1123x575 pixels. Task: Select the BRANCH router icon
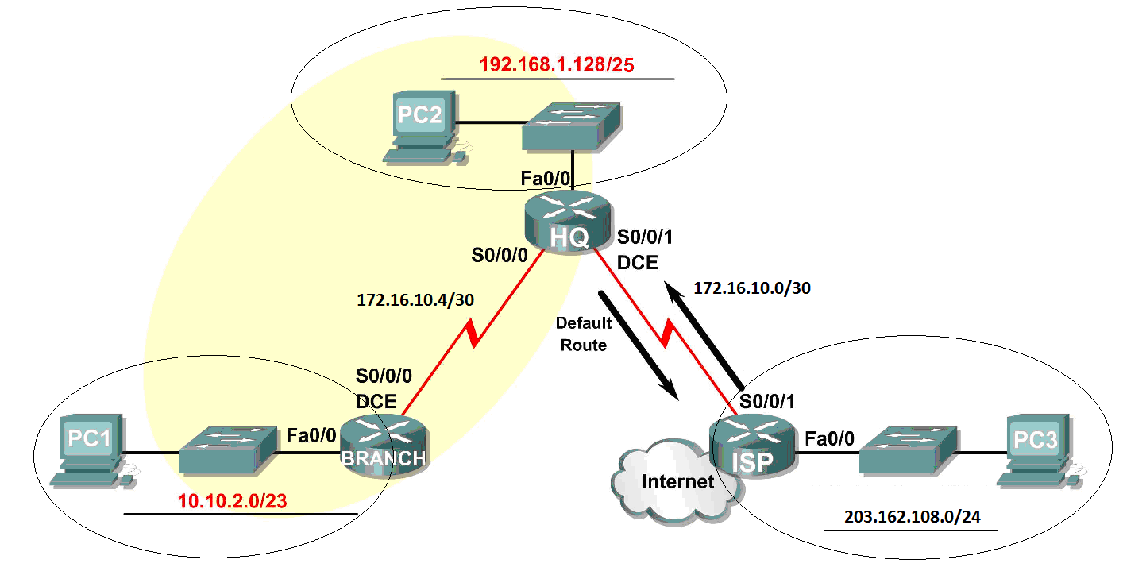coord(384,448)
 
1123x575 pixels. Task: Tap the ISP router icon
coord(751,450)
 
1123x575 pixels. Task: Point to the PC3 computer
coord(1036,449)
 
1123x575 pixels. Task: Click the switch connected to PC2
coord(570,126)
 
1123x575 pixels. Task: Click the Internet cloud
coord(667,481)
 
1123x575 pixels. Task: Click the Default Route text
coord(584,334)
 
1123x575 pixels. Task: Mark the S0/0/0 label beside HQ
coord(499,256)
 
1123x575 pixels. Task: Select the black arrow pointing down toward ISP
coord(639,345)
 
